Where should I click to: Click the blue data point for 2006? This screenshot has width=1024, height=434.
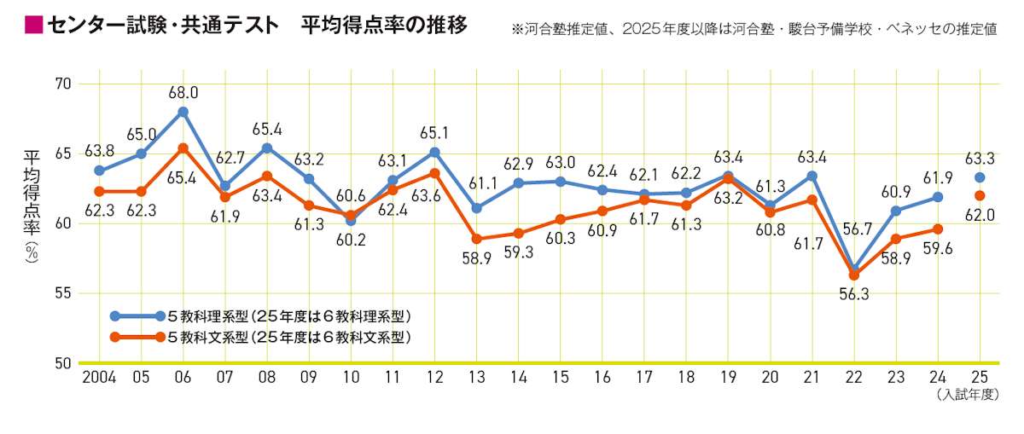(183, 112)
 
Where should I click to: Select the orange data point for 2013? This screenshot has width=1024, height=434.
(476, 239)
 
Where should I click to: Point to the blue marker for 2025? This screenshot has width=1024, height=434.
(980, 177)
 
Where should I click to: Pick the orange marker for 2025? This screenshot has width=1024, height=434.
(980, 195)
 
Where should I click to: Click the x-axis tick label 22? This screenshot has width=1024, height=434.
(853, 377)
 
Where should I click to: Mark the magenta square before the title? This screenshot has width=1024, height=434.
(34, 26)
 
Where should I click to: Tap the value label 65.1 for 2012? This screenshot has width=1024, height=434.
(434, 134)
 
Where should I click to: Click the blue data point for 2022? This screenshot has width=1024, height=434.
(853, 270)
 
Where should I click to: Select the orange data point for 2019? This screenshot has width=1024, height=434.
(728, 179)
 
